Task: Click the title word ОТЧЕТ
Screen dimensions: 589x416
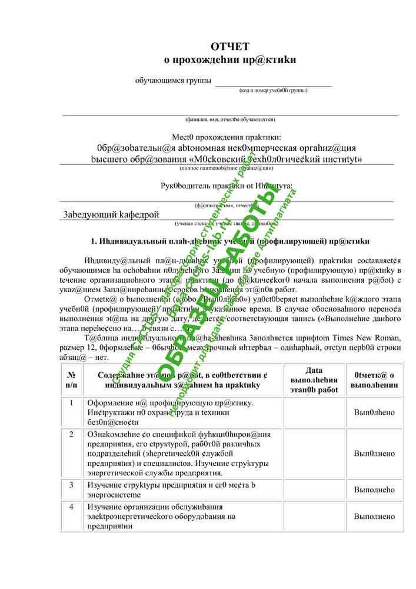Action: pos(230,47)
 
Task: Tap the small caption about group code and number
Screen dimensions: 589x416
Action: pos(273,90)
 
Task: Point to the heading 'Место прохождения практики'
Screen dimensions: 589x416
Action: pos(230,137)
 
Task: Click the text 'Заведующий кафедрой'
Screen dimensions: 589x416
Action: pos(111,214)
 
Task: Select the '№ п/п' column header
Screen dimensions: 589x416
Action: pos(71,379)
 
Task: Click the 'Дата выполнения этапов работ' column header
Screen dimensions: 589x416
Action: pos(314,379)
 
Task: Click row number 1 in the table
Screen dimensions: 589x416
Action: pos(71,403)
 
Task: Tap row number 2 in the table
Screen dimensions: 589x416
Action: pos(71,434)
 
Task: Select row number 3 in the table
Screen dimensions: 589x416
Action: pos(71,485)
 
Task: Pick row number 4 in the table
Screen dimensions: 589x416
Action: pos(71,506)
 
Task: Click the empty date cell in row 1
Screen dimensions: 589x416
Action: pos(314,412)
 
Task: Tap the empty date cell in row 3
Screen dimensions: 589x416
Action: pos(314,489)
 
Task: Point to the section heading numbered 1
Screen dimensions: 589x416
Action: pos(230,241)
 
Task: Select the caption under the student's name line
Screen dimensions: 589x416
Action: pos(230,120)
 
